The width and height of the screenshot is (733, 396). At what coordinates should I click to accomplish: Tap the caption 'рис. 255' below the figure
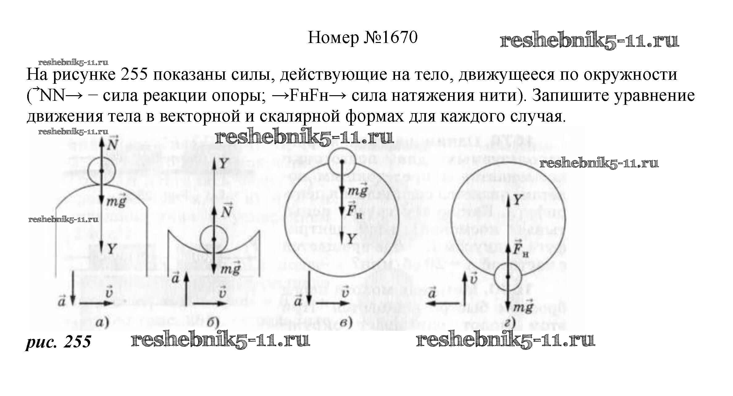pos(58,341)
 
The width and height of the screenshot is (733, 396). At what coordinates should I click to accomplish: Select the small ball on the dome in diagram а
pos(101,171)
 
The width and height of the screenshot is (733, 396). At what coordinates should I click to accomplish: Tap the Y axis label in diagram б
pos(224,164)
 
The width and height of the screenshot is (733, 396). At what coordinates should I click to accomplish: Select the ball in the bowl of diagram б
pos(214,240)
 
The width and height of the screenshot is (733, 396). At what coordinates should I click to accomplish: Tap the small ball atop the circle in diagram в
pos(342,161)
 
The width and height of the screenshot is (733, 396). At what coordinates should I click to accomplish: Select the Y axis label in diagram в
pos(352,238)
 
